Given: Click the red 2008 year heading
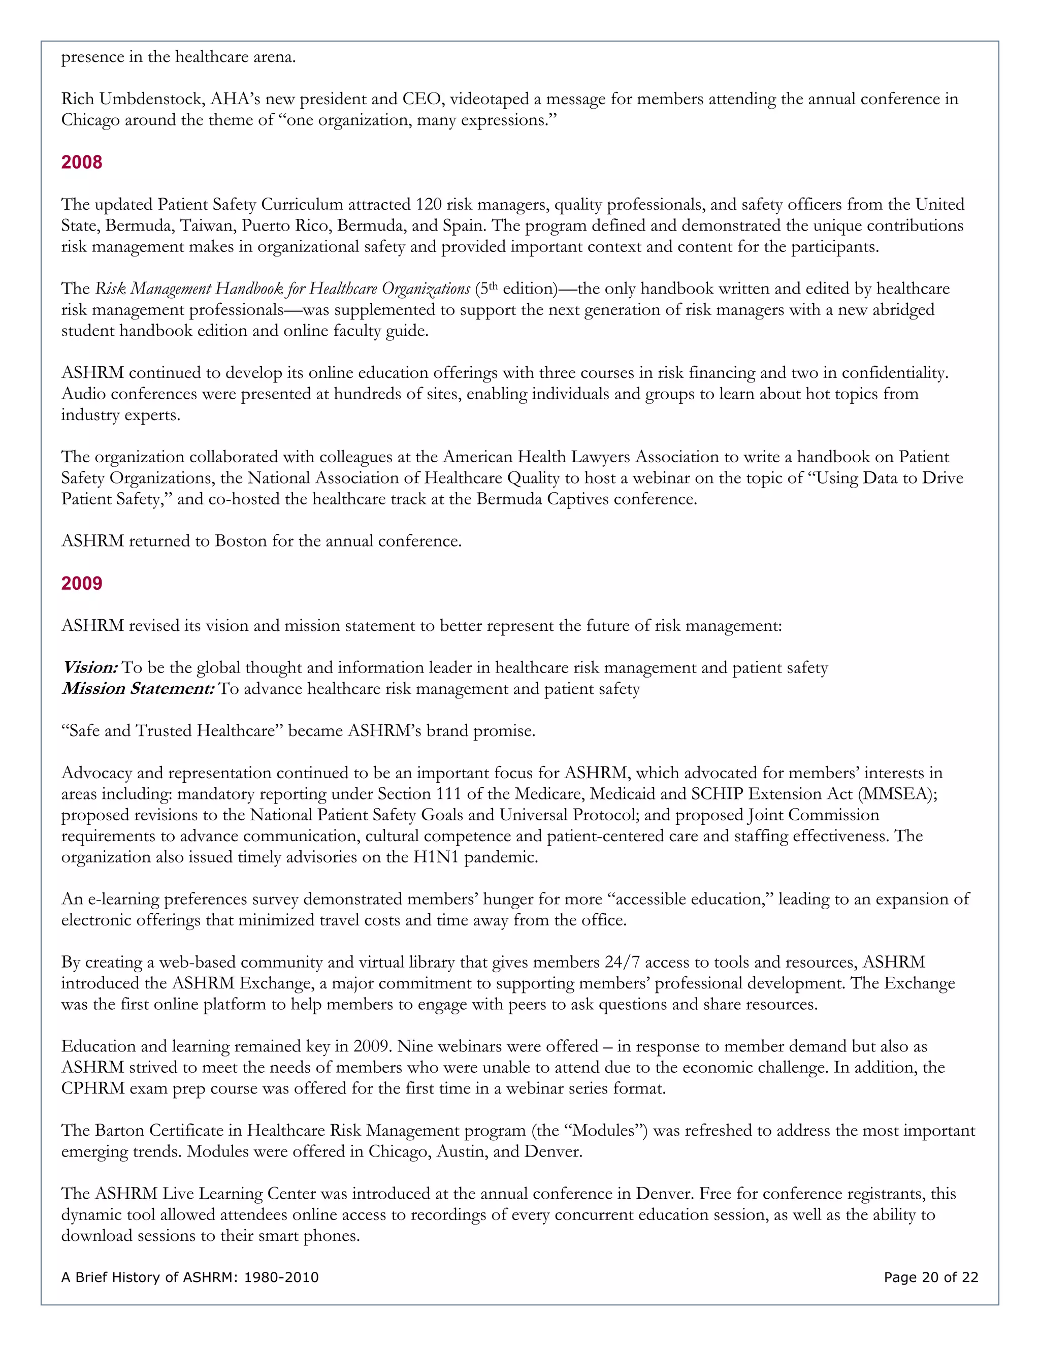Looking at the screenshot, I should tap(81, 162).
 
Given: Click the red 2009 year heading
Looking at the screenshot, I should tap(81, 583).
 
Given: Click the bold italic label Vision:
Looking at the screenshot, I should tap(90, 667).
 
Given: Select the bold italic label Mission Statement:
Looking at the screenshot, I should tap(138, 688).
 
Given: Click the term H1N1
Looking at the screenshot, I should tap(436, 857).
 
